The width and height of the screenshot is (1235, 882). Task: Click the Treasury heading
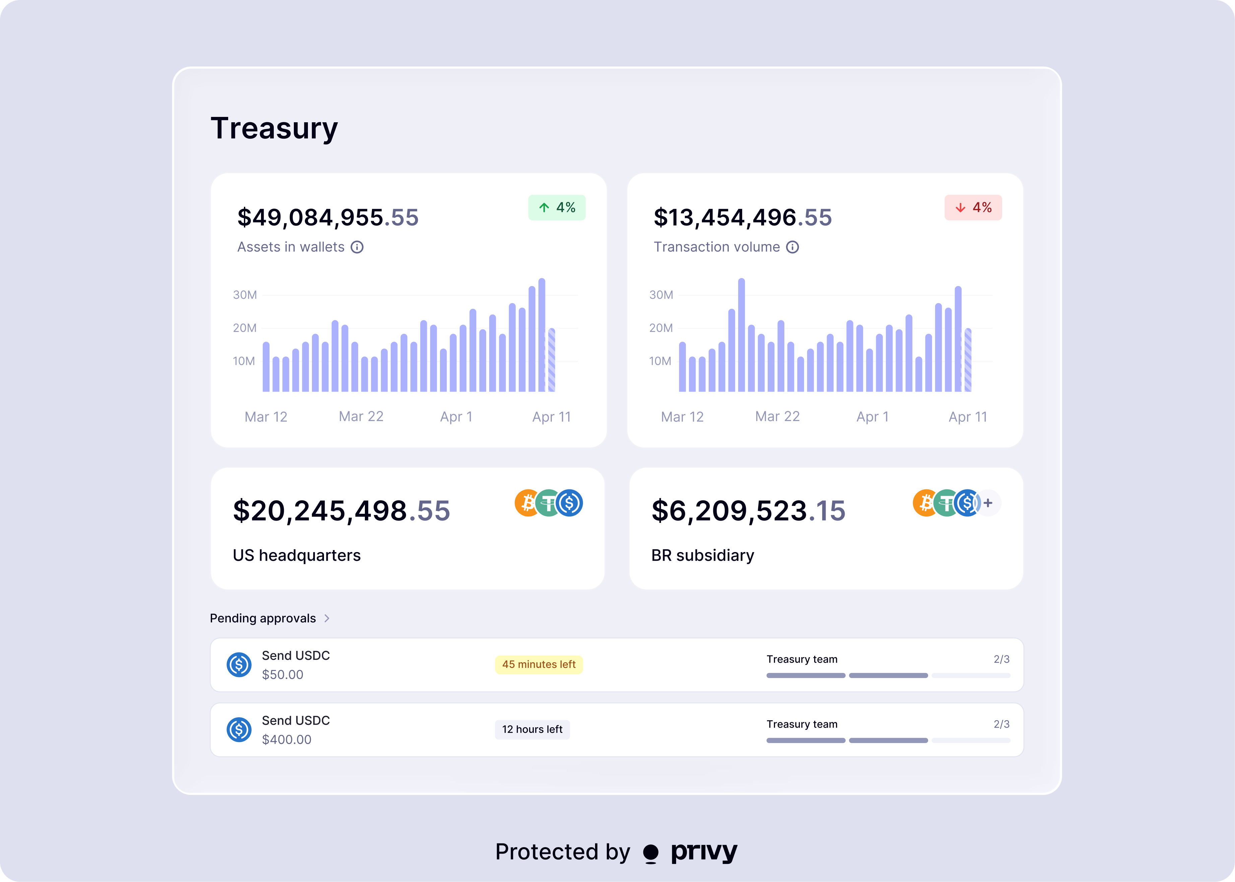(274, 129)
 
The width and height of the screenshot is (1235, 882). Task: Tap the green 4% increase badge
(557, 207)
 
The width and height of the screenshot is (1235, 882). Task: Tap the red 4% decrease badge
(973, 207)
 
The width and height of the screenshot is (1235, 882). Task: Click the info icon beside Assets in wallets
(357, 247)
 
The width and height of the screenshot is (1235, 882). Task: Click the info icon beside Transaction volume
(793, 247)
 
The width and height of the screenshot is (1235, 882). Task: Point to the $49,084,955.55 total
(328, 217)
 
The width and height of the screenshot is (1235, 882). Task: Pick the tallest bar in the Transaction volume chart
(741, 335)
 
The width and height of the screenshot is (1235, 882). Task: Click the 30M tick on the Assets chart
(245, 295)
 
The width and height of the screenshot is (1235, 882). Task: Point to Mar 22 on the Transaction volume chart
(777, 417)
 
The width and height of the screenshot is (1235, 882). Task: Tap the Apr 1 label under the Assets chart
(456, 417)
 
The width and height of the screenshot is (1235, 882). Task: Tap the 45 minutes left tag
(539, 664)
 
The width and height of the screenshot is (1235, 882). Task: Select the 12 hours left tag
(532, 729)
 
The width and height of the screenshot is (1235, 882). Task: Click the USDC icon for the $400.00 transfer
(239, 729)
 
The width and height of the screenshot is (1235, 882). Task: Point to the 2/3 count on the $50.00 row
(1001, 659)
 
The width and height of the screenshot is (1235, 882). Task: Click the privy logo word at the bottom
(704, 852)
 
